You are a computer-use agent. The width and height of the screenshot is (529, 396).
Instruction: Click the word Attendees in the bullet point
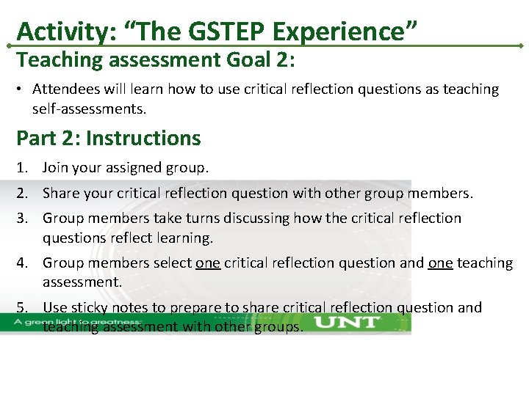click(x=63, y=89)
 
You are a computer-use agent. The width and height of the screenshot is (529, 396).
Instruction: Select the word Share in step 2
click(x=61, y=194)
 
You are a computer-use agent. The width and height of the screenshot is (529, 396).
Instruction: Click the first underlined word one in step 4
click(x=208, y=263)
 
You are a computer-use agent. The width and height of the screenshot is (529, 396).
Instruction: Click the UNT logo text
click(x=347, y=322)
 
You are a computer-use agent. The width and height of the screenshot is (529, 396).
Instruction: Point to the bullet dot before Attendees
click(x=21, y=89)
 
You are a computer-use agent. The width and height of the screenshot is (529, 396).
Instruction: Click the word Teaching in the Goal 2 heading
click(x=52, y=59)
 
